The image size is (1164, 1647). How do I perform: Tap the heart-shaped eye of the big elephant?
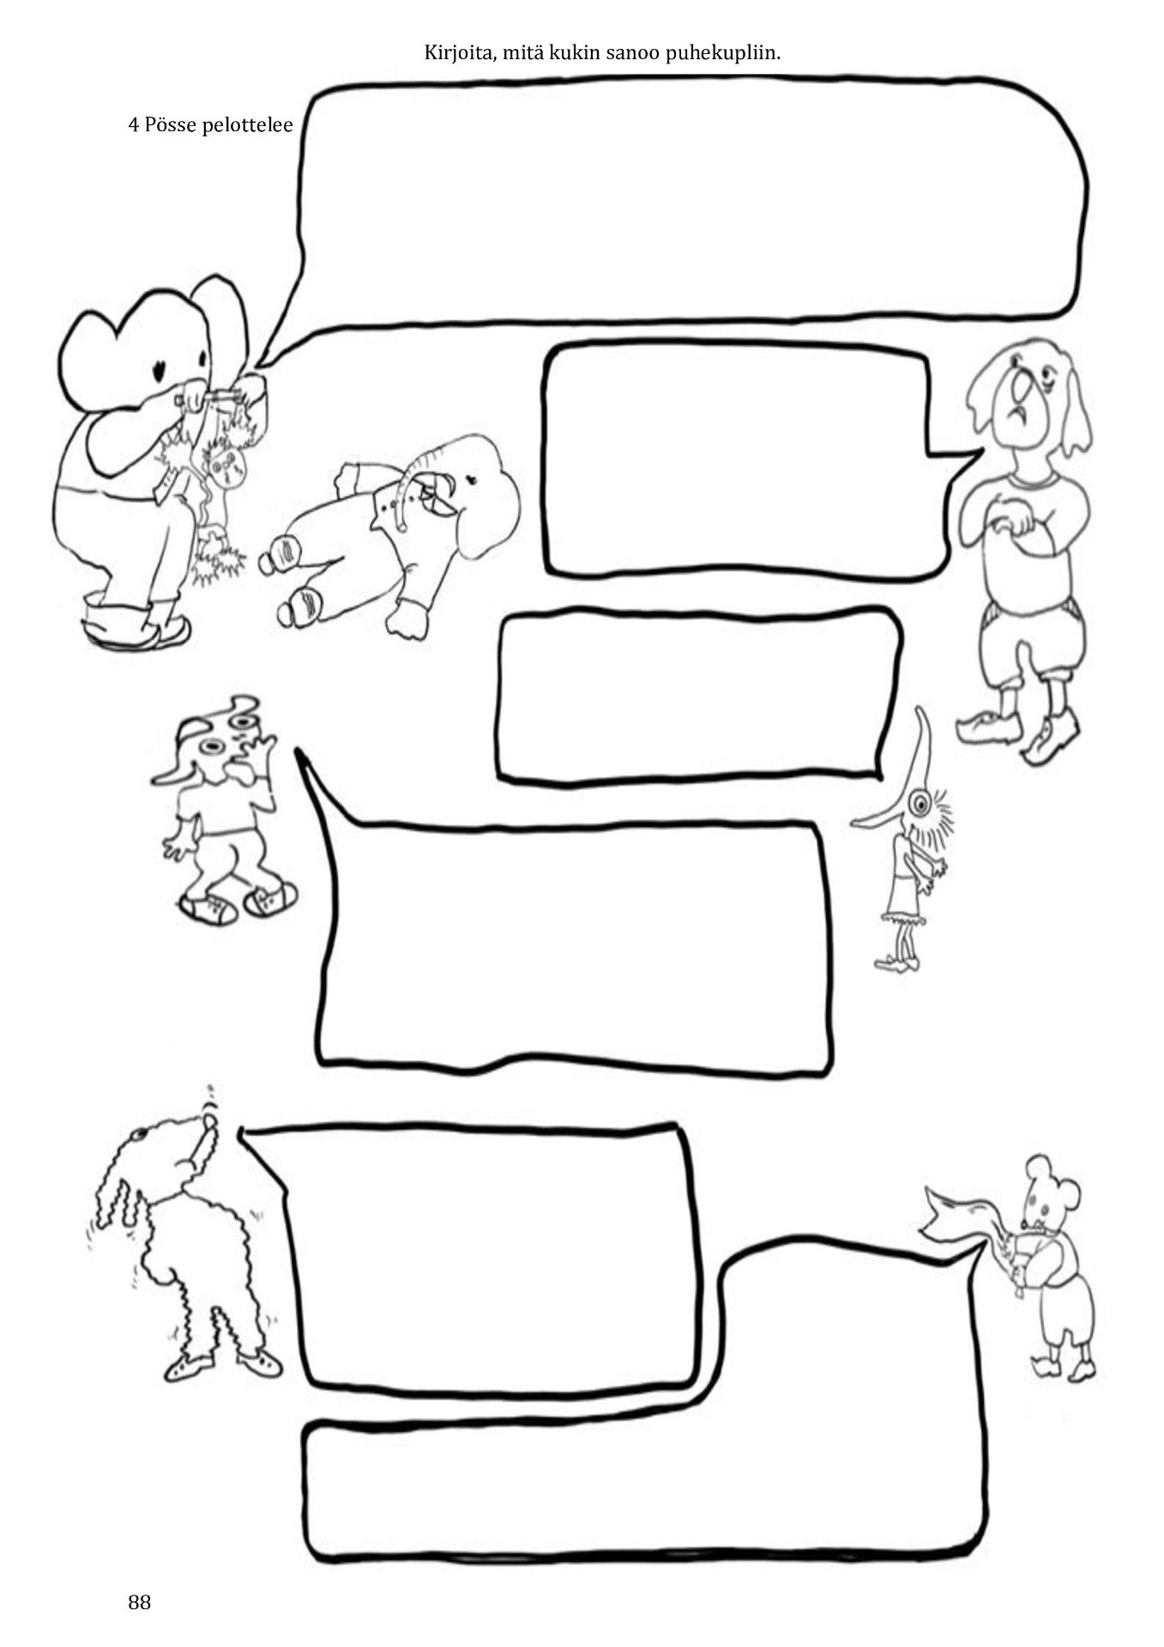point(160,371)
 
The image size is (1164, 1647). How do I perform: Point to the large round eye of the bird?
point(921,805)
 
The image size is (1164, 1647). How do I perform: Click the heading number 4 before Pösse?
point(134,125)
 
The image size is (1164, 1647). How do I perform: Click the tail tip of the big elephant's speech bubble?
point(260,368)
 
